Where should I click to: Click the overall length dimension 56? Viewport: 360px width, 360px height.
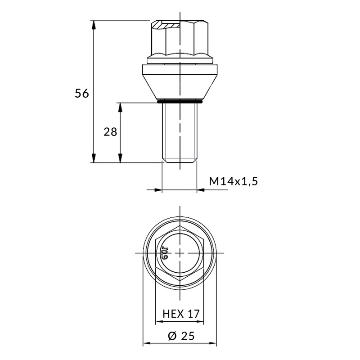[x=82, y=94]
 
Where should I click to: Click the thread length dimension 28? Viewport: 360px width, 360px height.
[x=110, y=132]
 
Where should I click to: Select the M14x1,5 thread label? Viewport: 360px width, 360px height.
[x=233, y=181]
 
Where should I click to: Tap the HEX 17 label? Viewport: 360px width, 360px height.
[x=181, y=314]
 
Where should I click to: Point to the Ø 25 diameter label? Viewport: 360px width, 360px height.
[x=181, y=336]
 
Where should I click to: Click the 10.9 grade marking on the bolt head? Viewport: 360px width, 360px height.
[x=165, y=253]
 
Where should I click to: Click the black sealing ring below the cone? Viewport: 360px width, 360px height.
[x=180, y=101]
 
